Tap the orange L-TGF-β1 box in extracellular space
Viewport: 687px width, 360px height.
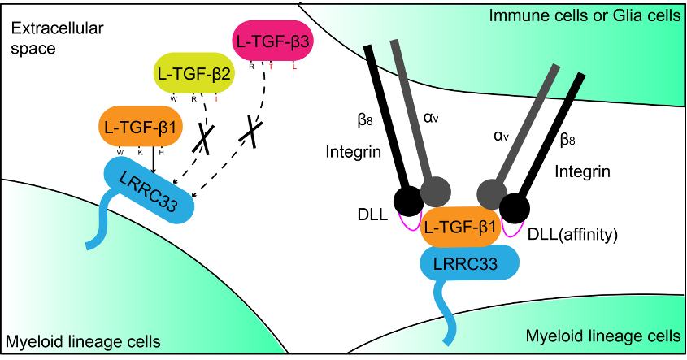point(138,127)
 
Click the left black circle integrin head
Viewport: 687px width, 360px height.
point(410,200)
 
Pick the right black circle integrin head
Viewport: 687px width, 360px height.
point(515,208)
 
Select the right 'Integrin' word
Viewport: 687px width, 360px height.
point(584,171)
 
